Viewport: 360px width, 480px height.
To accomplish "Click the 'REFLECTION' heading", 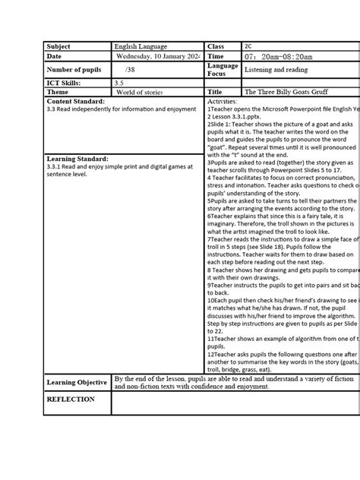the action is coord(71,399).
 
